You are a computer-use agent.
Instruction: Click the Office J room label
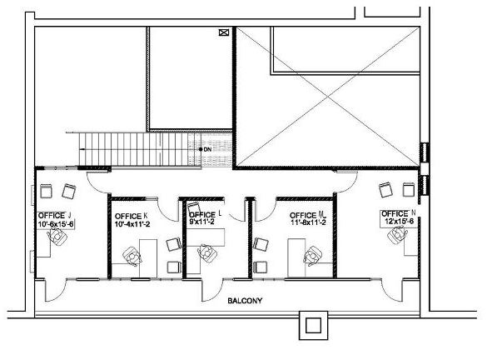click(x=55, y=216)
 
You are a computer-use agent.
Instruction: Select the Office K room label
click(x=131, y=216)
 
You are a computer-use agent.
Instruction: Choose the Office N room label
click(x=398, y=213)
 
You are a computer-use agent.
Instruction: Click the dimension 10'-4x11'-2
click(x=132, y=224)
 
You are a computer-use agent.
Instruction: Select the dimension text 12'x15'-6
click(x=399, y=221)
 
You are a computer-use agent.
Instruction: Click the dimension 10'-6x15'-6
click(x=56, y=224)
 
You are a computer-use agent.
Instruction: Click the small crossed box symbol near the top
click(x=222, y=33)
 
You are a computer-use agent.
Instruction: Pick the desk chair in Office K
click(x=131, y=255)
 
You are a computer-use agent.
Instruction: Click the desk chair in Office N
click(x=394, y=237)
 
